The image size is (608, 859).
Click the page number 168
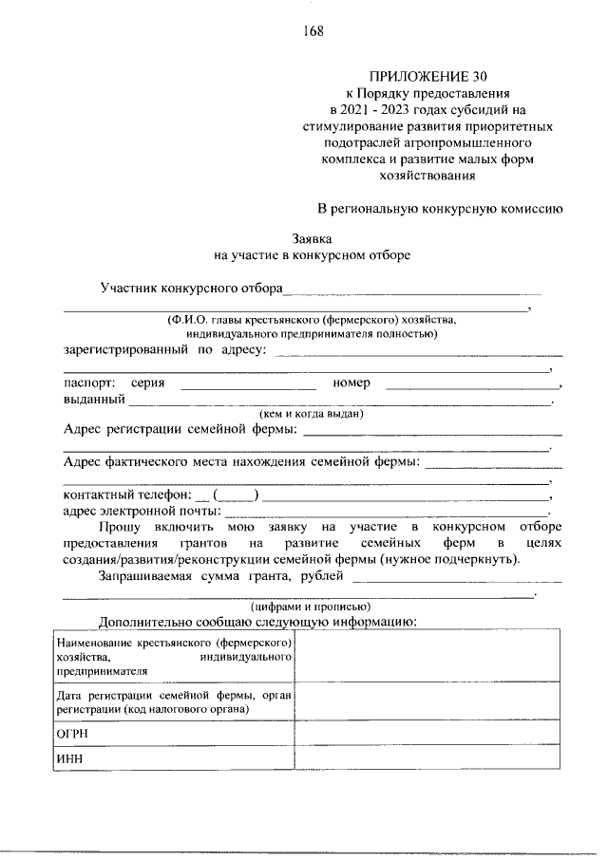pos(313,30)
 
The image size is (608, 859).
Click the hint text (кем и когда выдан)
pos(312,414)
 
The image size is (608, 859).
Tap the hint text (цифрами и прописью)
pos(311,606)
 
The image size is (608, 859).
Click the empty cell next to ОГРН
pos(427,735)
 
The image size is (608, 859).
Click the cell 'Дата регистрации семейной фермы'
pos(172,702)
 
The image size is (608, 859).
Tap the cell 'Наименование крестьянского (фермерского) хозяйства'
pos(172,656)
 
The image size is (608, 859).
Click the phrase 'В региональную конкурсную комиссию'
pos(442,207)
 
